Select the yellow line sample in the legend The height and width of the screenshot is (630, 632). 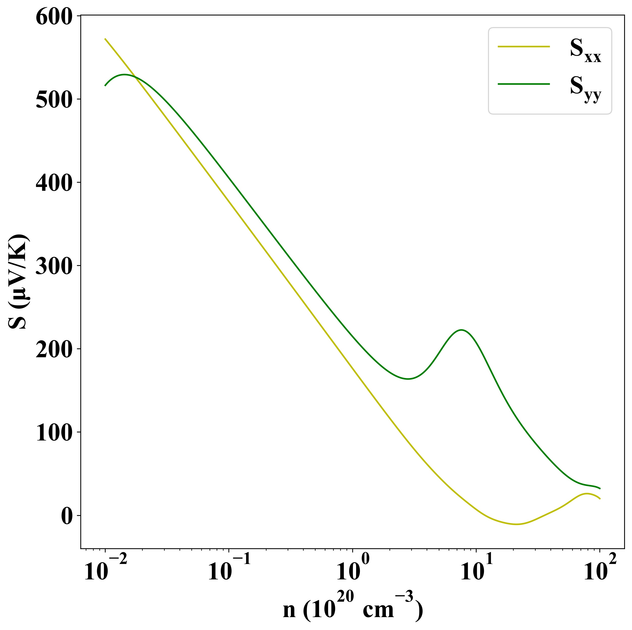tap(523, 47)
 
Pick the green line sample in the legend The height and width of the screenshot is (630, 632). tap(523, 84)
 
